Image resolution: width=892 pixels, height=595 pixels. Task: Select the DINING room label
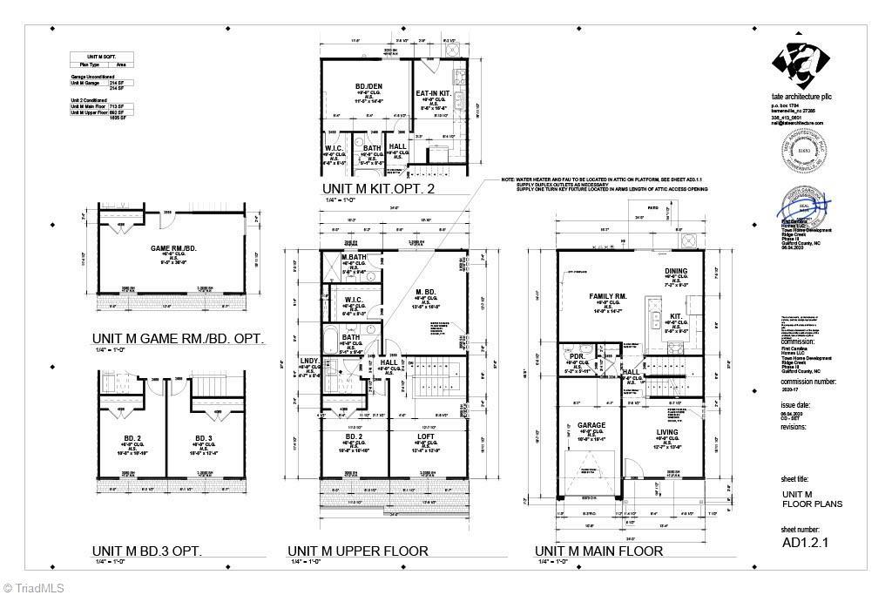click(676, 271)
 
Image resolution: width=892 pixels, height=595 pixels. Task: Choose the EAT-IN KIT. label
click(432, 92)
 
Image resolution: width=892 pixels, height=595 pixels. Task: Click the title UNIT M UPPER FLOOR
click(358, 551)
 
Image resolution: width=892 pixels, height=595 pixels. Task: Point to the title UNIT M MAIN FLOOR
click(598, 551)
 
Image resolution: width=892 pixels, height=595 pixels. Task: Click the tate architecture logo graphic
click(797, 66)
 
